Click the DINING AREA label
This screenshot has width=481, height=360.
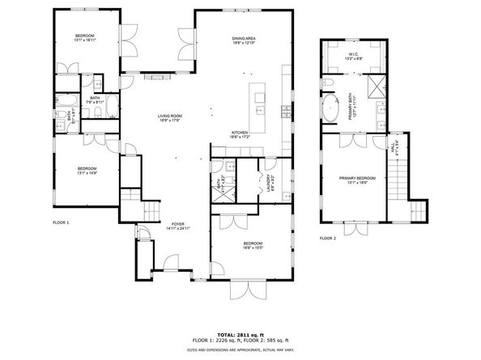coord(245,38)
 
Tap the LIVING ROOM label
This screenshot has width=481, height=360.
coord(169,116)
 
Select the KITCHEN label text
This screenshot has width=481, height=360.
coord(240,133)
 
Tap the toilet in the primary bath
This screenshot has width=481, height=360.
coord(329,83)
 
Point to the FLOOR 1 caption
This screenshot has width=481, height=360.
coord(61,222)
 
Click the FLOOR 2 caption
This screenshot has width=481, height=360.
coord(326,239)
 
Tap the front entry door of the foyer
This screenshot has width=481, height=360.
coord(171,263)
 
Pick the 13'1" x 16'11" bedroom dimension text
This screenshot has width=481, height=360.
coord(85,41)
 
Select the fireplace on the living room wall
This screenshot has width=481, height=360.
coord(155,78)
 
